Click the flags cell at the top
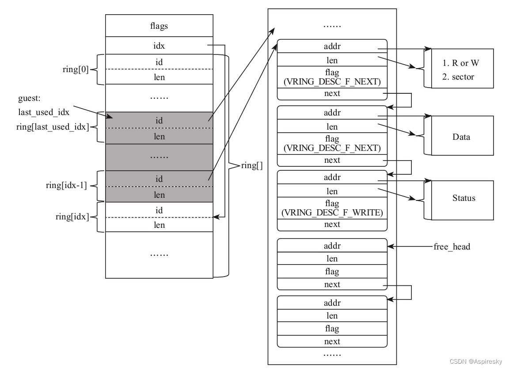click(x=159, y=26)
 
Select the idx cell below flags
click(x=159, y=46)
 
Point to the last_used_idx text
click(x=44, y=112)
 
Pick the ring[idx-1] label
click(x=66, y=185)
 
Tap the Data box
click(x=461, y=137)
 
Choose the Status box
click(x=463, y=198)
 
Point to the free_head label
click(x=452, y=246)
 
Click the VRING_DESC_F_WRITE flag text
click(x=332, y=213)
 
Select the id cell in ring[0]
click(x=159, y=62)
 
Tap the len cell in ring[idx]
click(x=159, y=225)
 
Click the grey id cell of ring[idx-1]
click(x=159, y=179)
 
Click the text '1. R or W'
click(x=460, y=63)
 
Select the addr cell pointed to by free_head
click(x=332, y=246)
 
